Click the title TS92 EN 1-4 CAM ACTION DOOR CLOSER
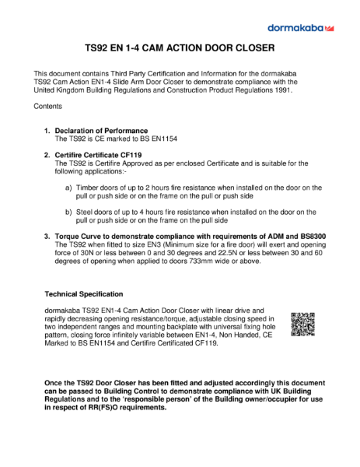(180, 49)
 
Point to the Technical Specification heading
(84, 294)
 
